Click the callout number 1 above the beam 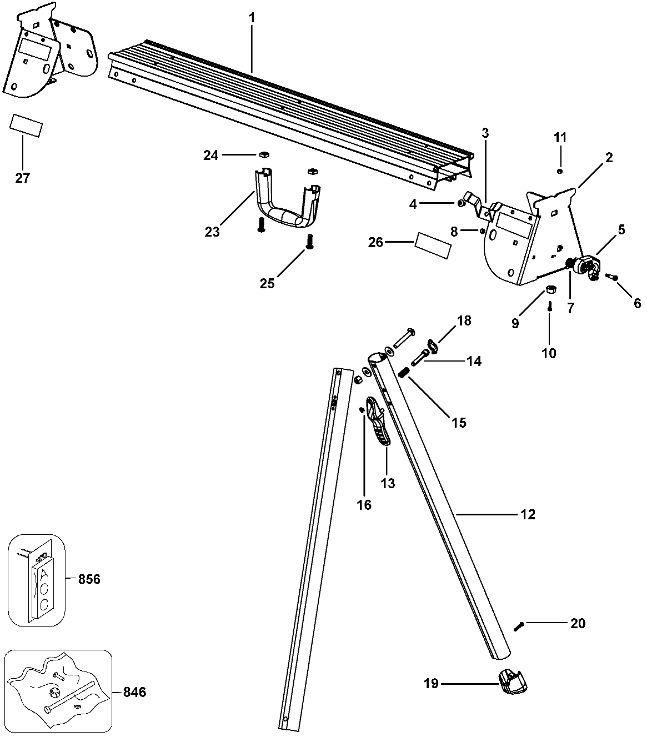click(x=252, y=18)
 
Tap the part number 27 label click(x=23, y=178)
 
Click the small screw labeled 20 click(x=519, y=626)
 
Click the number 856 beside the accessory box click(x=89, y=579)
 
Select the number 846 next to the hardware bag click(x=134, y=692)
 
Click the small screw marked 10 click(x=549, y=306)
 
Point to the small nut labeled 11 click(x=560, y=171)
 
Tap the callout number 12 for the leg click(x=528, y=514)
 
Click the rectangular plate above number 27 click(x=26, y=126)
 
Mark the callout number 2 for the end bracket click(x=609, y=158)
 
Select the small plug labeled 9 click(x=551, y=288)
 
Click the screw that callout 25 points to click(x=309, y=242)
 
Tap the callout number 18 click(x=464, y=320)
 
